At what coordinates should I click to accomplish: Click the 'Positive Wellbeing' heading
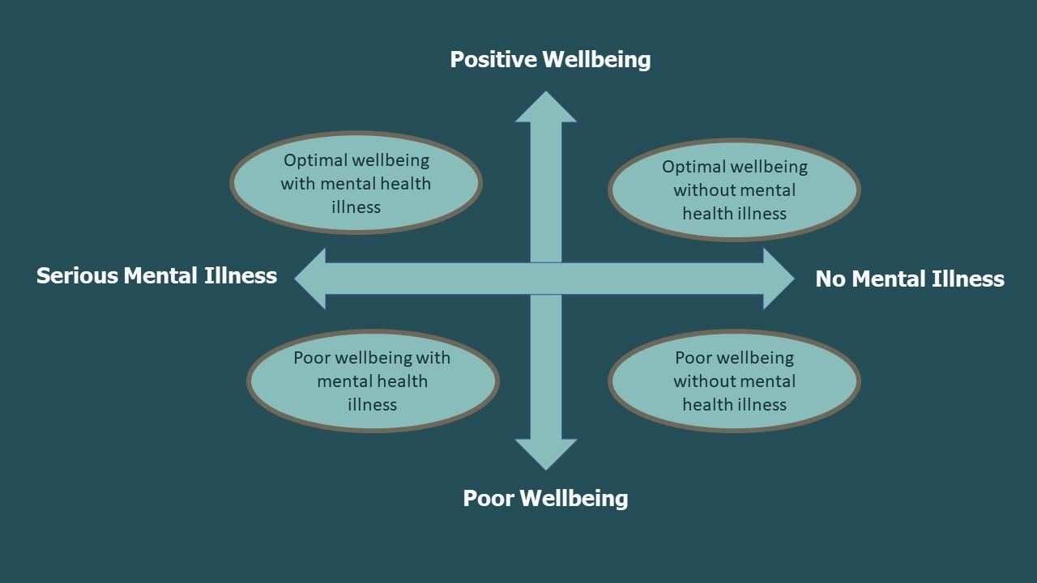[550, 59]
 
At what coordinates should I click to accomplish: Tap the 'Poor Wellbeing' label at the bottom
[545, 498]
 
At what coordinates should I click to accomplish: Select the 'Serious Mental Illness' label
[156, 276]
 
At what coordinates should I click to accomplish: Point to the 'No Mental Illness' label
[909, 279]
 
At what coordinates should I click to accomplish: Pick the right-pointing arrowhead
[777, 279]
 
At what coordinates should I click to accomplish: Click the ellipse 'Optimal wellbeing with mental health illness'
[356, 183]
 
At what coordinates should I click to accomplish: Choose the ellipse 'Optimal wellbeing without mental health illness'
[734, 190]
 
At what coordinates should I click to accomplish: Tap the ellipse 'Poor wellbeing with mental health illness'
[373, 381]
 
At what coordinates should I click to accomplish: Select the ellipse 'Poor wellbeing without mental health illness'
[734, 381]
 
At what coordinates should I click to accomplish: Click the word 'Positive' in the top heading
[493, 59]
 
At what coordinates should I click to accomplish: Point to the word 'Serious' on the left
[77, 276]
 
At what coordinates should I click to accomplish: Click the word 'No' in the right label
[830, 279]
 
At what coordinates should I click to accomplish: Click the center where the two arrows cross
[546, 279]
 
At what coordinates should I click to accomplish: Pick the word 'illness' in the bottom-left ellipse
[373, 404]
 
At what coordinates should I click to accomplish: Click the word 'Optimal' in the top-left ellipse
[314, 160]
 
